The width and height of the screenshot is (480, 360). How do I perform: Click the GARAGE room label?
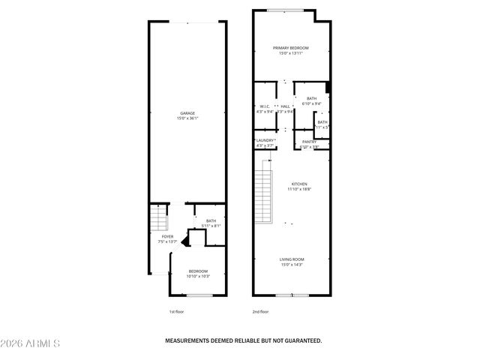(187, 113)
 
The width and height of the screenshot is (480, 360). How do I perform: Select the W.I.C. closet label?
(265, 106)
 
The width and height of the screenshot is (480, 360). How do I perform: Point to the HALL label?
(285, 106)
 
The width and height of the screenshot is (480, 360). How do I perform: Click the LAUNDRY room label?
(265, 140)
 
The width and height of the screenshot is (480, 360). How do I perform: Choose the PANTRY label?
(310, 142)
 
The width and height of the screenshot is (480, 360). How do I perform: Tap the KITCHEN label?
(299, 184)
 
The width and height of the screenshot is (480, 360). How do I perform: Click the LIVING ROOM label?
(292, 259)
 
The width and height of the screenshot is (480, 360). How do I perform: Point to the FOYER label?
(168, 236)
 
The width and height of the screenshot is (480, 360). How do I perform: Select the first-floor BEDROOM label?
(198, 271)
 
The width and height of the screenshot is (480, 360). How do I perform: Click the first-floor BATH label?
(211, 220)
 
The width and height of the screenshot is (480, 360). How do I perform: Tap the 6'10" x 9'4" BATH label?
(311, 98)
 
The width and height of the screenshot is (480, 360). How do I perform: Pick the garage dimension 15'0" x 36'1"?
(187, 118)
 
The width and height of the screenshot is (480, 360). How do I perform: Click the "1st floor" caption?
(176, 311)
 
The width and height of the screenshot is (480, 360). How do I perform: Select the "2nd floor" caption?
(260, 311)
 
